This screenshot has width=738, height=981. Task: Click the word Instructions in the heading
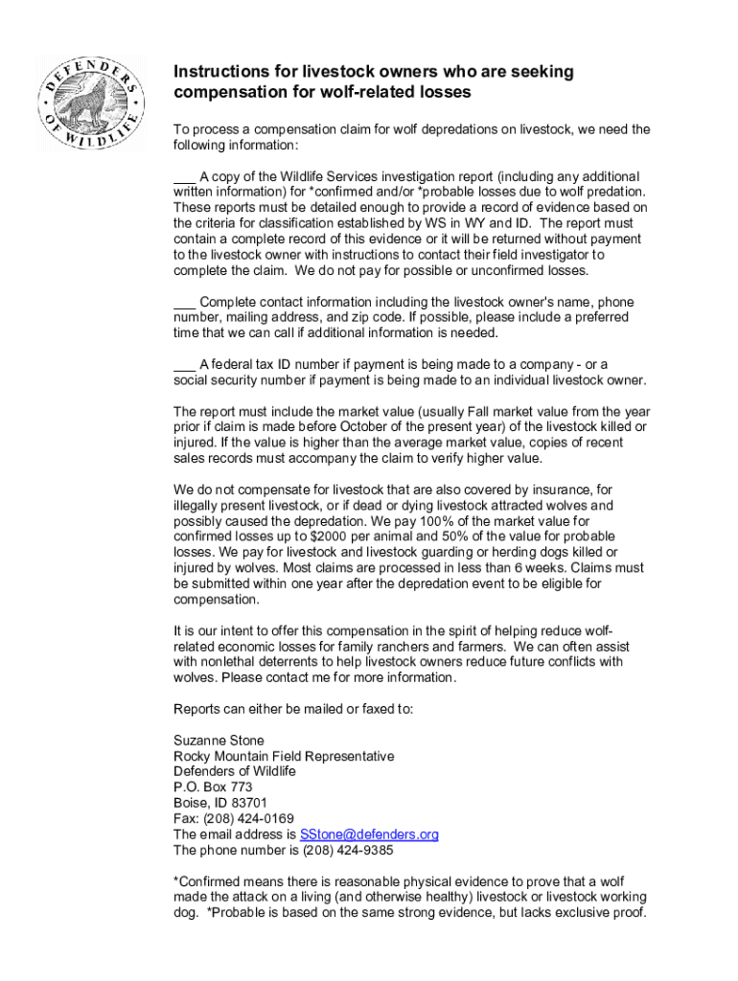click(219, 73)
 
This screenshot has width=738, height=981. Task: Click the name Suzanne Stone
click(219, 741)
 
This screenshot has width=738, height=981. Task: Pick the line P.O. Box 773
click(213, 787)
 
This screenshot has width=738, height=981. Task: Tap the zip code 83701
click(248, 803)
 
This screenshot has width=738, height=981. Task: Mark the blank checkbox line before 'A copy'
click(184, 176)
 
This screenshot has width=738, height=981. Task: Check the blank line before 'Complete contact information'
click(184, 302)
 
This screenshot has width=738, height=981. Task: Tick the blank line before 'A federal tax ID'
click(184, 364)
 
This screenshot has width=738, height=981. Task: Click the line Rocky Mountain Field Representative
click(284, 756)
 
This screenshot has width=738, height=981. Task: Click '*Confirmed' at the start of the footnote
click(206, 881)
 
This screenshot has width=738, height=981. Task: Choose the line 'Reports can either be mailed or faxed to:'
click(293, 709)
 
